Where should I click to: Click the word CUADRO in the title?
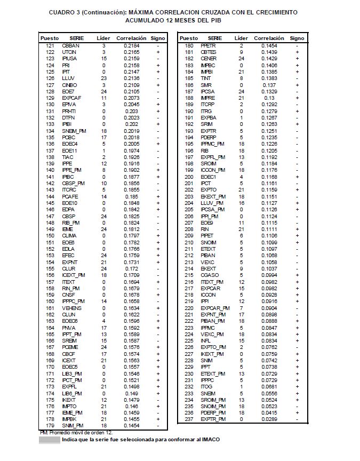[62, 12]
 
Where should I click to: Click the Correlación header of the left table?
[131, 38]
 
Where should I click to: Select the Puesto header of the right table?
[189, 38]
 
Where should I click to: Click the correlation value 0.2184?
[132, 46]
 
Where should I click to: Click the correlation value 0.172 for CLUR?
[132, 268]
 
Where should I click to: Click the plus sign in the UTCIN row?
[158, 52]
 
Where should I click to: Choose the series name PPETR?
[208, 46]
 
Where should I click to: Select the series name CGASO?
[209, 275]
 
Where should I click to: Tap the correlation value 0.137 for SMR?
[269, 85]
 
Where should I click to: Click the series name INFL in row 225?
[206, 340]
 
